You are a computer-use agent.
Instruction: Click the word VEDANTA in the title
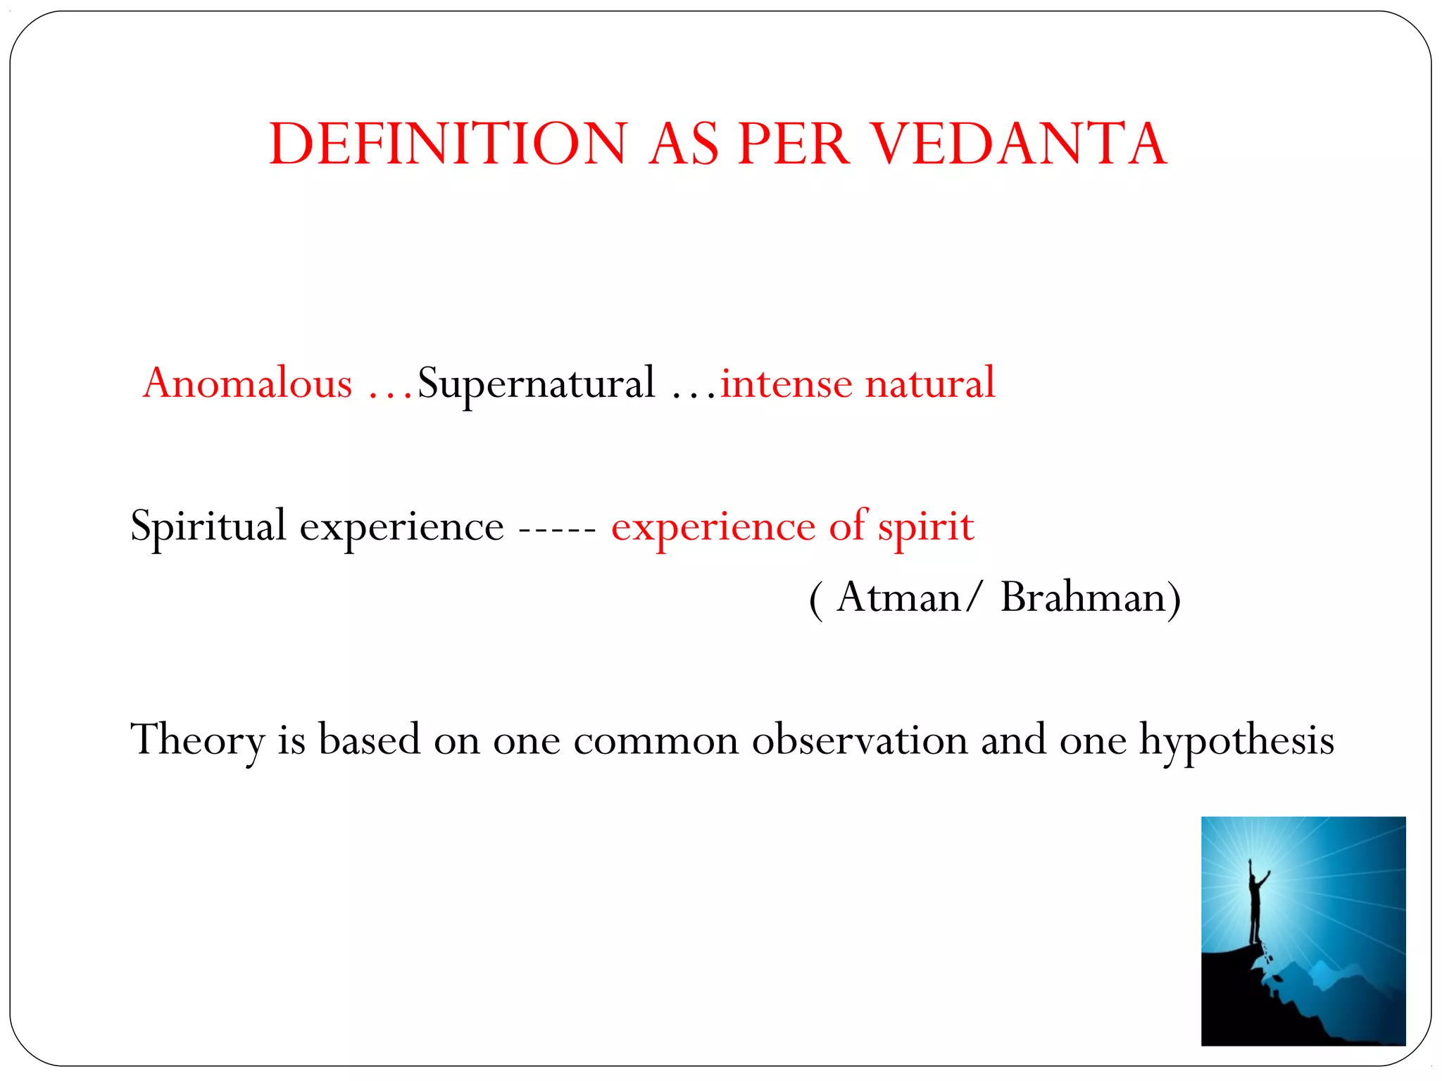(x=1019, y=144)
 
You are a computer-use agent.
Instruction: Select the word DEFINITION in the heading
(x=448, y=144)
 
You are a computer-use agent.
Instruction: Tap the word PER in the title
(x=794, y=144)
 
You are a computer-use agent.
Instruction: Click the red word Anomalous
(x=247, y=384)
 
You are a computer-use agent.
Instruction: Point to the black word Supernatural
(x=536, y=384)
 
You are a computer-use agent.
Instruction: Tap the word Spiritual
(x=208, y=526)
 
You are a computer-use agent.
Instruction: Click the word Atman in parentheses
(x=898, y=598)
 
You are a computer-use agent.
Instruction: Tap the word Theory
(x=197, y=740)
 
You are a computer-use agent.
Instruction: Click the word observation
(x=860, y=740)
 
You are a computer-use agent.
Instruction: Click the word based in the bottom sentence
(x=369, y=740)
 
